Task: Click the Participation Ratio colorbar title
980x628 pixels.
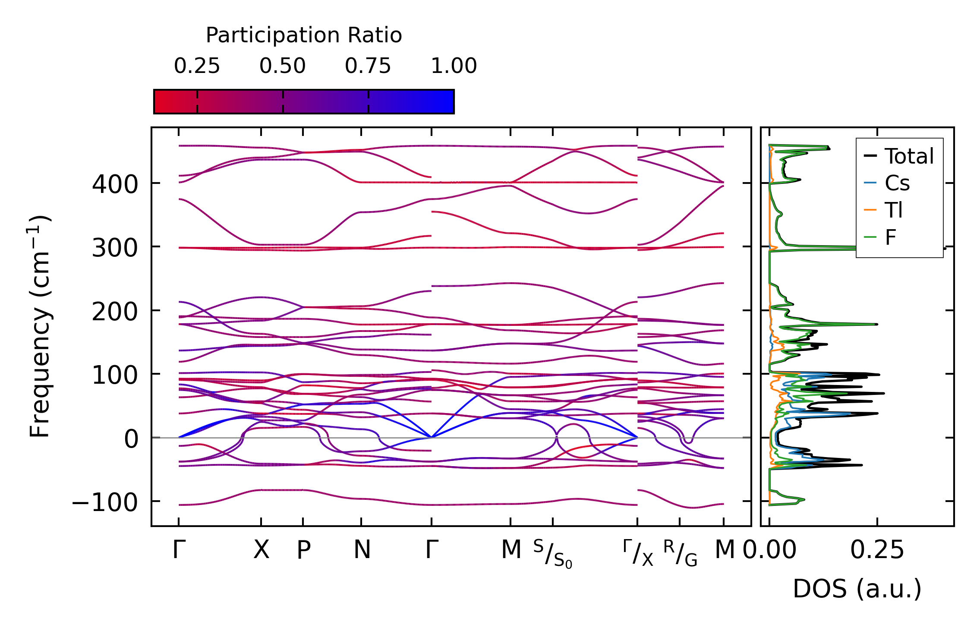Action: coord(303,35)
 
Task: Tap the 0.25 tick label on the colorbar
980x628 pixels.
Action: coord(197,66)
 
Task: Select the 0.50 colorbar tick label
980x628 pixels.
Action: coord(282,66)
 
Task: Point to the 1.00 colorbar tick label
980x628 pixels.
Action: coord(454,66)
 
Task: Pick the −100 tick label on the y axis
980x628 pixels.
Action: coord(105,502)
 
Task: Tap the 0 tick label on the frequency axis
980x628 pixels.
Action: coord(131,439)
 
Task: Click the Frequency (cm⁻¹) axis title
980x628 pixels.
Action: coord(40,326)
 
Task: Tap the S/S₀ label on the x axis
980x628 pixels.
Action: coord(553,554)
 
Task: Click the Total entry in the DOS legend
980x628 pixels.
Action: coord(909,156)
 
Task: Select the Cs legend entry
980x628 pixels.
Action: coord(897,183)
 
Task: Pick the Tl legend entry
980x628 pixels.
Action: coord(894,211)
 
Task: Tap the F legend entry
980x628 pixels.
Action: coord(890,237)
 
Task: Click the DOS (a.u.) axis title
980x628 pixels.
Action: coord(857,589)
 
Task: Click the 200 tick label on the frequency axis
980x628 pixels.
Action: coord(115,312)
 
